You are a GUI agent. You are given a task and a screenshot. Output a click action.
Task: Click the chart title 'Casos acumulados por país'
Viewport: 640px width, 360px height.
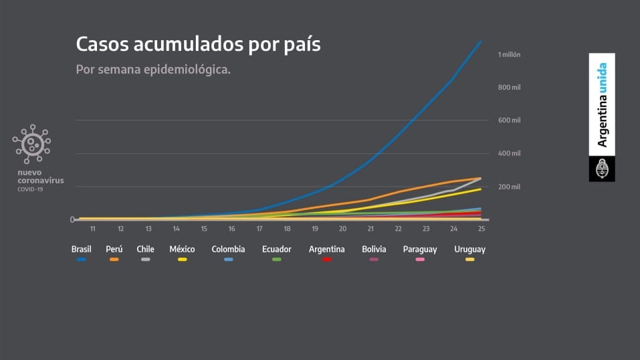(198, 45)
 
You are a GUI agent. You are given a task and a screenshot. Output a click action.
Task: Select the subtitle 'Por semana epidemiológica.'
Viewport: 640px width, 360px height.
(153, 70)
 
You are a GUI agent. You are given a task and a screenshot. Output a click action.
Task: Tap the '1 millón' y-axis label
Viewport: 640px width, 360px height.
(509, 54)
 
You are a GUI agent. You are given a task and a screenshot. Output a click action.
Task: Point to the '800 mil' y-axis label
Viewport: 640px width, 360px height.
(509, 88)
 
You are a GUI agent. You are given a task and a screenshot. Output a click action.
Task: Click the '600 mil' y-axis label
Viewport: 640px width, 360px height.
(509, 120)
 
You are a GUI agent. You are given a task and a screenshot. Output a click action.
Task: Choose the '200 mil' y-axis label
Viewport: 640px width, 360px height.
(509, 187)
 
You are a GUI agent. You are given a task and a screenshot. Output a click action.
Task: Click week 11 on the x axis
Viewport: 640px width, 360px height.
(92, 229)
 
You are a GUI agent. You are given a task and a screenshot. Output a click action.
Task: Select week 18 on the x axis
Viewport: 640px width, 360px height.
(287, 229)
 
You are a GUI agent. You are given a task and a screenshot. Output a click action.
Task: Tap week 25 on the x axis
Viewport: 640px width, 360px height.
(481, 229)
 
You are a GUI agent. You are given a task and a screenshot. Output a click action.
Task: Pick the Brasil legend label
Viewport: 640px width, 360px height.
(82, 250)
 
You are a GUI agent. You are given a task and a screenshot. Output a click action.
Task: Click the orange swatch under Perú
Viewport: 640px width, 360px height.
(114, 259)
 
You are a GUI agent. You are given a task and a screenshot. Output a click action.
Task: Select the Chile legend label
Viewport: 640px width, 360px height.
(145, 250)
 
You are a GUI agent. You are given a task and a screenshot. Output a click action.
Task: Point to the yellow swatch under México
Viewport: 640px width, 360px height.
(182, 259)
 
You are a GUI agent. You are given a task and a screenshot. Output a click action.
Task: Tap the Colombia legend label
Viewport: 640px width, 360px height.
(228, 250)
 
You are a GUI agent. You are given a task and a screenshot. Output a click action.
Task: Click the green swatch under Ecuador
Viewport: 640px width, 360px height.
(276, 259)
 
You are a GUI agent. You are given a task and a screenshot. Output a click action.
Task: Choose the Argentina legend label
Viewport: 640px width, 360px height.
(327, 250)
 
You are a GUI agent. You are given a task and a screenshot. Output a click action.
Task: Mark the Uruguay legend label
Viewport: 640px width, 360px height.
(469, 250)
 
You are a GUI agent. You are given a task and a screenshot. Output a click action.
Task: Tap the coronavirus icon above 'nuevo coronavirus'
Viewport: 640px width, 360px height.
(31, 144)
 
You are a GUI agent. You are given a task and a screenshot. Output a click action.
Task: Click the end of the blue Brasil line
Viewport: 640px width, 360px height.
(481, 41)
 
